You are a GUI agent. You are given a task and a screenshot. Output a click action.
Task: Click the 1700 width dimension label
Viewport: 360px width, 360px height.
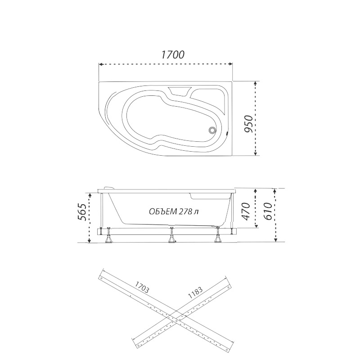click(x=173, y=54)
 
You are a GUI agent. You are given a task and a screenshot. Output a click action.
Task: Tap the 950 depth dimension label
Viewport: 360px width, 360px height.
click(x=248, y=124)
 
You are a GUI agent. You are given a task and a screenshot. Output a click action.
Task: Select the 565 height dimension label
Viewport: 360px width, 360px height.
click(x=82, y=212)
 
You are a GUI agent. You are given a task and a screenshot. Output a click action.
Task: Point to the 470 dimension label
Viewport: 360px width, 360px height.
click(x=246, y=211)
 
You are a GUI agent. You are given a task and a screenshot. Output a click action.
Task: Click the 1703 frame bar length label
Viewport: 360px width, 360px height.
click(x=142, y=287)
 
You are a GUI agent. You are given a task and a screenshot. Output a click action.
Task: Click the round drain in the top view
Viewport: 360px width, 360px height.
click(x=211, y=130)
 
